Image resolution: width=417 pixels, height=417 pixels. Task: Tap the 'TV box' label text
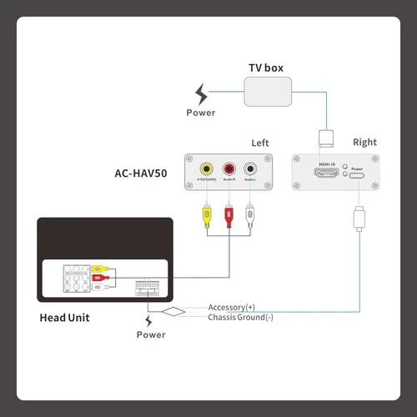tap(266, 67)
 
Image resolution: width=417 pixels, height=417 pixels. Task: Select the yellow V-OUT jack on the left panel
tap(205, 168)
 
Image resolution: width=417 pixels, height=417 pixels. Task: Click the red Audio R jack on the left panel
tap(227, 168)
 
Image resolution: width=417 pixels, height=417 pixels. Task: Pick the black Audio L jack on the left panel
tap(249, 168)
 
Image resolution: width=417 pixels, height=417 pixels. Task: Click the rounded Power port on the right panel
tap(357, 173)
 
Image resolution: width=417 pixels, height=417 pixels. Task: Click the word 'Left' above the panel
tap(260, 143)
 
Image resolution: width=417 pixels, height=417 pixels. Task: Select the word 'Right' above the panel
tap(364, 143)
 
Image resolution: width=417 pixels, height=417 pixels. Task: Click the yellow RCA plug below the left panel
tap(205, 216)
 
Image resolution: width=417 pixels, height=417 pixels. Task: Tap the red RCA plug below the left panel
tap(227, 216)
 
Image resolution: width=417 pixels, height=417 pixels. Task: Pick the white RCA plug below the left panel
tap(249, 216)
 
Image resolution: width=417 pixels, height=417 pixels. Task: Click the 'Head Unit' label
tap(64, 317)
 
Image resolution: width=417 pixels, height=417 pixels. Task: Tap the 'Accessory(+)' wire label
tap(232, 307)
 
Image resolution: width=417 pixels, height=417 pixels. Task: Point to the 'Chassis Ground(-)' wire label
tap(240, 317)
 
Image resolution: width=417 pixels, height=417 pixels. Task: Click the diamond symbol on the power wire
tap(174, 312)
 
